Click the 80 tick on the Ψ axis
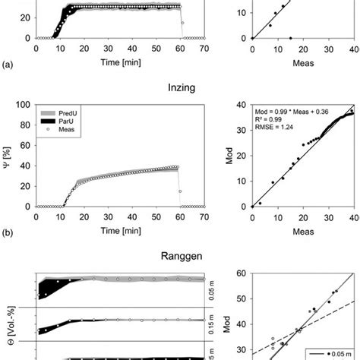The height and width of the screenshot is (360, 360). click(25, 125)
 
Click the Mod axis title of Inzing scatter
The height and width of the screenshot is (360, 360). click(229, 155)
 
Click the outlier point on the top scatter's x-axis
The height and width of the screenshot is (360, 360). click(290, 38)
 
